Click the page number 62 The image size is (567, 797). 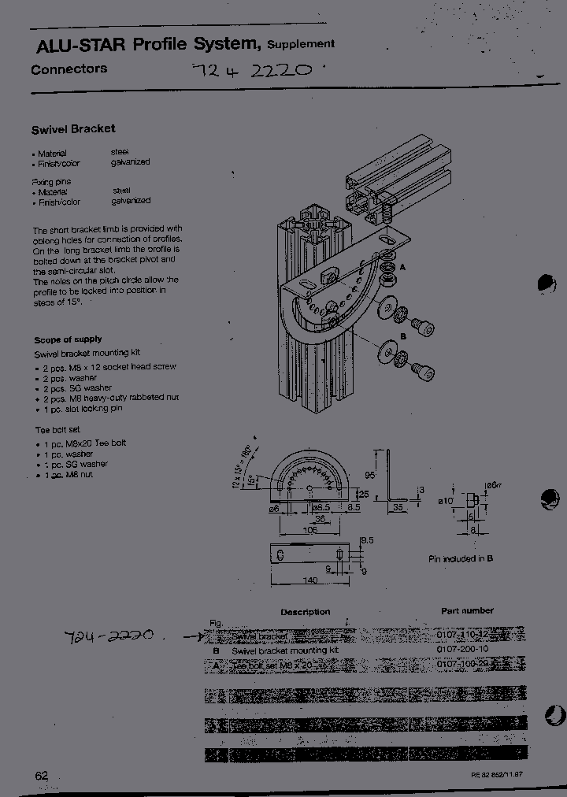click(42, 775)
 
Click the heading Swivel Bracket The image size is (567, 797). click(73, 128)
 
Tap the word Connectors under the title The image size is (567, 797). click(69, 69)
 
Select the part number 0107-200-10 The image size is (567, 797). click(462, 650)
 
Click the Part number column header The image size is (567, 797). click(467, 610)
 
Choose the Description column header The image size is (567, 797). click(306, 612)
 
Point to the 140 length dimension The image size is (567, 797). click(309, 580)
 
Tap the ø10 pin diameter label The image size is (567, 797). click(446, 501)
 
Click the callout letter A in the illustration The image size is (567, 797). click(402, 268)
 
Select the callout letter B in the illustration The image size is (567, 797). click(402, 335)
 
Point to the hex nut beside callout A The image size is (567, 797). click(387, 279)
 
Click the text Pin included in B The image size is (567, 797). click(461, 558)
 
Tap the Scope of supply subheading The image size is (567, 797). click(68, 339)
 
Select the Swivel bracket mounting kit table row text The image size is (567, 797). click(284, 651)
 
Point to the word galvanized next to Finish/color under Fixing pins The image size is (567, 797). click(131, 201)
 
